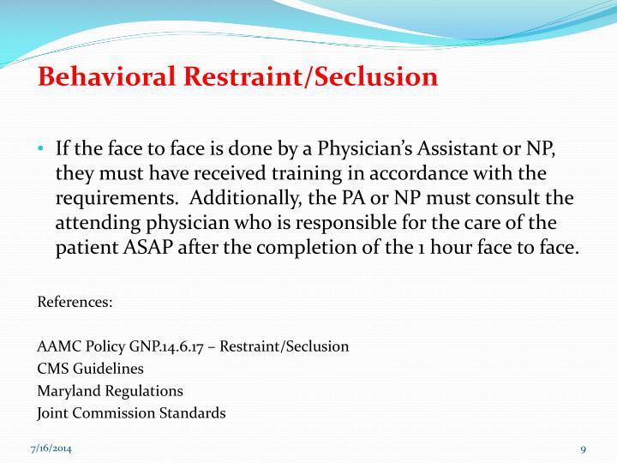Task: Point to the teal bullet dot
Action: (41, 148)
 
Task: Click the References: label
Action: (75, 303)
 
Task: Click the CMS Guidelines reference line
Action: (91, 369)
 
